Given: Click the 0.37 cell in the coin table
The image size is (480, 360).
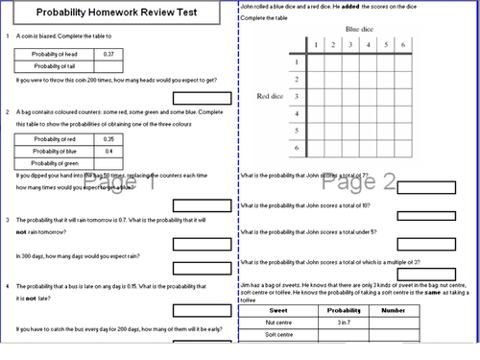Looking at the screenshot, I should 108,54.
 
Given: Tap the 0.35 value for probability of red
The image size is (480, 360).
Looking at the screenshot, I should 108,139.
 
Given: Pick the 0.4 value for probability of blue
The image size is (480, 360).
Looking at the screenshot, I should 108,151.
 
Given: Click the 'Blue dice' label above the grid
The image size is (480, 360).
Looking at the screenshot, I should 360,30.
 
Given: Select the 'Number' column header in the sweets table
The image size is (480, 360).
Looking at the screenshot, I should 393,311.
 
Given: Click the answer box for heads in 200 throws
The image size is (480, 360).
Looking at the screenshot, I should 201,98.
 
